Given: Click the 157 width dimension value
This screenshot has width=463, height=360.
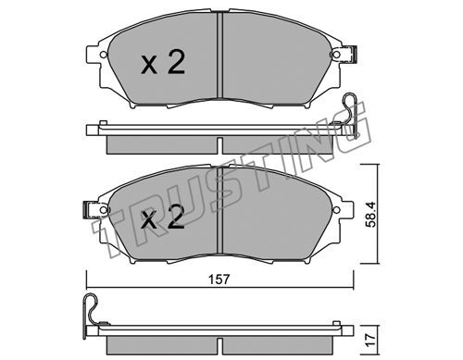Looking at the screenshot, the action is [219, 279].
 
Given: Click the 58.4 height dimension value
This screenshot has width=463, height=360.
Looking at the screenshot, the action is [370, 215].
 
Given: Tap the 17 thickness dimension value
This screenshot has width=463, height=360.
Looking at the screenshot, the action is [370, 339].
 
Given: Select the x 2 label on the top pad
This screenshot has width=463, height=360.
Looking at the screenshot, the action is [163, 63].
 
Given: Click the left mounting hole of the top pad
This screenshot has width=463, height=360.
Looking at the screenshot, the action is [104, 55].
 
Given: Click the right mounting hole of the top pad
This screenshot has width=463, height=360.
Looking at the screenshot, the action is [336, 55].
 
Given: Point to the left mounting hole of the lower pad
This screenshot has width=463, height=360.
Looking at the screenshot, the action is [104, 210].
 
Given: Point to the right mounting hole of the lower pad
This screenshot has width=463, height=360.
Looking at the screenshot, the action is [336, 209].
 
